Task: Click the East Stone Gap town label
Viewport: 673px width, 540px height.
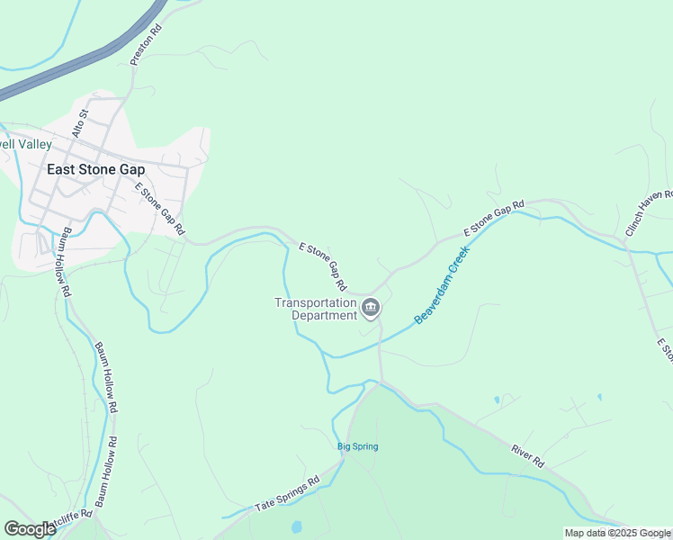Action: [x=95, y=168]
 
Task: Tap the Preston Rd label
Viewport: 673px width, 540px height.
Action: [x=146, y=43]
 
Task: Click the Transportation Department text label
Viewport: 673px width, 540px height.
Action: [x=316, y=309]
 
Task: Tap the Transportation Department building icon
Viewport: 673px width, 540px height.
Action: [x=370, y=310]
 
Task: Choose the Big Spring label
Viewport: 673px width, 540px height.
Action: [x=357, y=446]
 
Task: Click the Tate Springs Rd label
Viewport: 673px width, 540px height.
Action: [x=287, y=493]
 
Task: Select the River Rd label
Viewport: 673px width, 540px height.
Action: [x=527, y=454]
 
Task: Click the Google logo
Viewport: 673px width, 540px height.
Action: [x=30, y=529]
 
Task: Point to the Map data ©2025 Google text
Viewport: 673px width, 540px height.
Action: [x=617, y=533]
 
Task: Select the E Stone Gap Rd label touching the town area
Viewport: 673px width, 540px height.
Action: [x=159, y=208]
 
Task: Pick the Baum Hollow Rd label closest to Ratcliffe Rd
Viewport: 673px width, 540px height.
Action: [x=106, y=472]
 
